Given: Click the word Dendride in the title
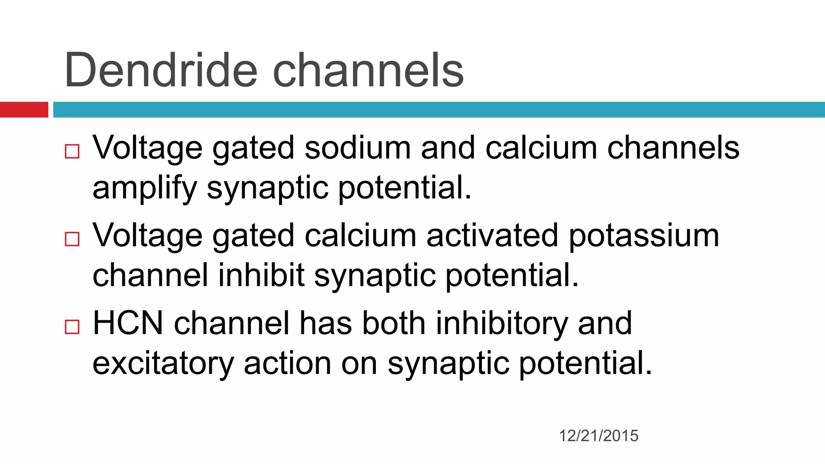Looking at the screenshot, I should pos(160,70).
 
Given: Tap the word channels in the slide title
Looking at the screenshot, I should pos(368,70).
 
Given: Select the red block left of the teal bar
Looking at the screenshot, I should pos(24,110).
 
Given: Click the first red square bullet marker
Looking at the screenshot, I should pos(72,151).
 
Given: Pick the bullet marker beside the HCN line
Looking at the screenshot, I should pos(72,327).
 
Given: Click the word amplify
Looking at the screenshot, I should pos(145,188).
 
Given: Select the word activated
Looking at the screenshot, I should pos(492,236).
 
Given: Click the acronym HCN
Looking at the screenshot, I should pos(128,323).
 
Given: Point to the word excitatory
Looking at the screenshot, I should pos(163,364).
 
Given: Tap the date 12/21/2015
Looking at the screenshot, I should pos(598,436).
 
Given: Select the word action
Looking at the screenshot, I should pos(287,363).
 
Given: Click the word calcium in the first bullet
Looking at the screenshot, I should pos(541,148).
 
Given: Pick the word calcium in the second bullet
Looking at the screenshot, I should pos(360,236).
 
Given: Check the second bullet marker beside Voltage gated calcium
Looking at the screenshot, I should pos(72,239).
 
